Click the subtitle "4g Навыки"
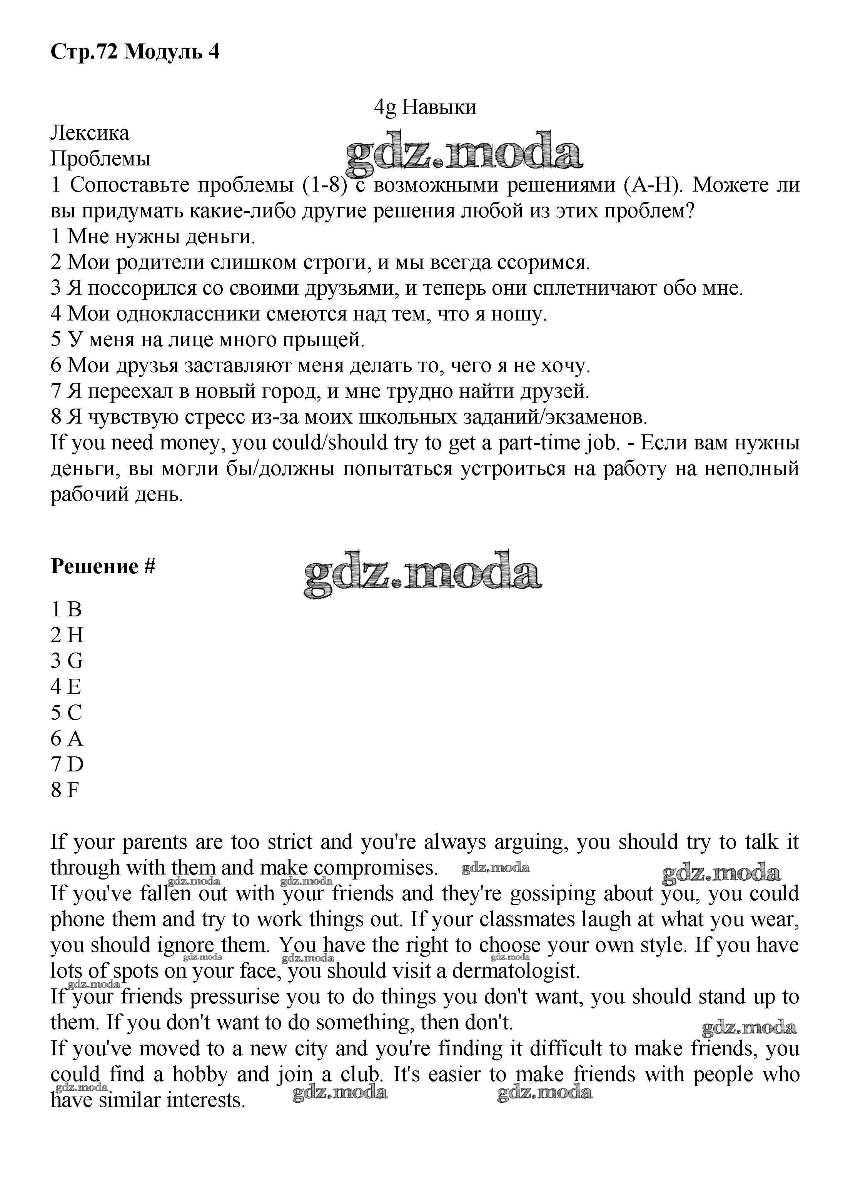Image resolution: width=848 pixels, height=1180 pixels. click(x=424, y=107)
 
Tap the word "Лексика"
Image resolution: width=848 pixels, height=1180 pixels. click(x=90, y=133)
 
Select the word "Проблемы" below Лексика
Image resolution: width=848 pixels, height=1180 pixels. click(x=100, y=159)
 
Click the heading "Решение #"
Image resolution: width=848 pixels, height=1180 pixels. click(x=103, y=566)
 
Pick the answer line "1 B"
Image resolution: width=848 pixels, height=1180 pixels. click(x=66, y=609)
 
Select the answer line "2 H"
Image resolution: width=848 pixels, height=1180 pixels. click(x=67, y=635)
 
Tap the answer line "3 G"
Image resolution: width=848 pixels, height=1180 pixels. click(x=67, y=661)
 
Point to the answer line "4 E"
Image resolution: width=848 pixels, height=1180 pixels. click(x=66, y=687)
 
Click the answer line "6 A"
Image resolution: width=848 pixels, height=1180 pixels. click(x=67, y=738)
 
